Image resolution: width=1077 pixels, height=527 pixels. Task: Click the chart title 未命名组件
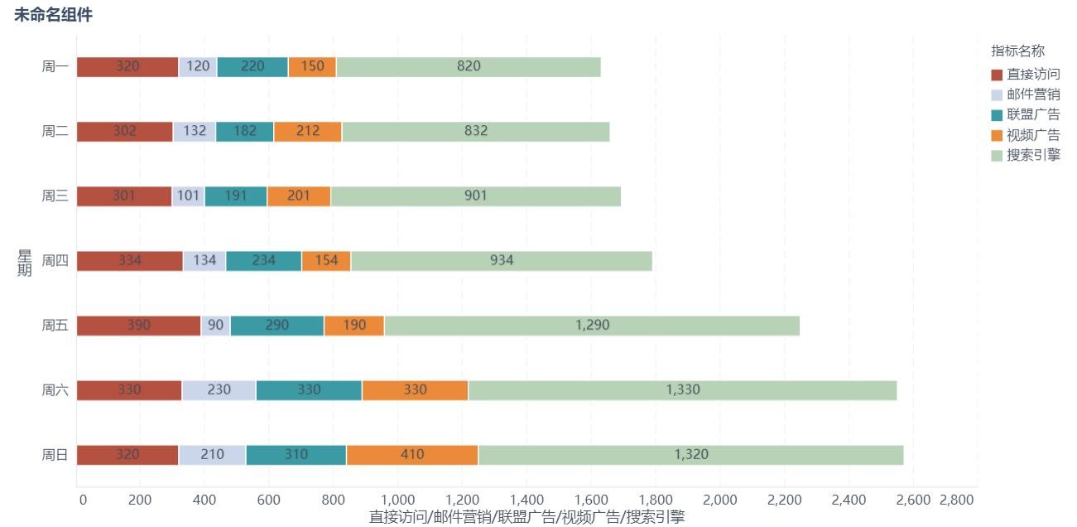pyautogui.click(x=53, y=15)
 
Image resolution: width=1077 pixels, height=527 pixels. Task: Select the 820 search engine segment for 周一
pyautogui.click(x=469, y=67)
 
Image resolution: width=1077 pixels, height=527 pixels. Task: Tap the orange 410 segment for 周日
pyautogui.click(x=412, y=455)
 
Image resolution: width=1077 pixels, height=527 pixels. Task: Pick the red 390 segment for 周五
pyautogui.click(x=139, y=326)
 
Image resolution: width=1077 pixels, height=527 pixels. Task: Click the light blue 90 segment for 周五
pyautogui.click(x=216, y=326)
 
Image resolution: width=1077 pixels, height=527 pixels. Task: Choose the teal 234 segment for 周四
pyautogui.click(x=264, y=261)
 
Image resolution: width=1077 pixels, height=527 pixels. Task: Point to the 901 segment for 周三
pyautogui.click(x=475, y=196)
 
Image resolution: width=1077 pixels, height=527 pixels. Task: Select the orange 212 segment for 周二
pyautogui.click(x=308, y=132)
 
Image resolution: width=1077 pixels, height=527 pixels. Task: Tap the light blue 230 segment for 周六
pyautogui.click(x=219, y=390)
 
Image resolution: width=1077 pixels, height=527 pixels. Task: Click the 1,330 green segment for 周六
pyautogui.click(x=683, y=390)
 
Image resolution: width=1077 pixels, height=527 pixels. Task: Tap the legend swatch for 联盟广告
pyautogui.click(x=997, y=115)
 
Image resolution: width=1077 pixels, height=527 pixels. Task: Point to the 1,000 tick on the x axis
pyautogui.click(x=398, y=500)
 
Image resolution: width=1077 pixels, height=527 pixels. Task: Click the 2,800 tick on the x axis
pyautogui.click(x=957, y=500)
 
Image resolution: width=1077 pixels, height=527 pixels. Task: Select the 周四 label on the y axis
pyautogui.click(x=55, y=261)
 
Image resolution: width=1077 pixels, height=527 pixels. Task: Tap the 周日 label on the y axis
pyautogui.click(x=55, y=455)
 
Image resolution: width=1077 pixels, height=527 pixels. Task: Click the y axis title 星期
pyautogui.click(x=25, y=262)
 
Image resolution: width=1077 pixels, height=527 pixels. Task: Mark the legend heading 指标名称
pyautogui.click(x=1017, y=51)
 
